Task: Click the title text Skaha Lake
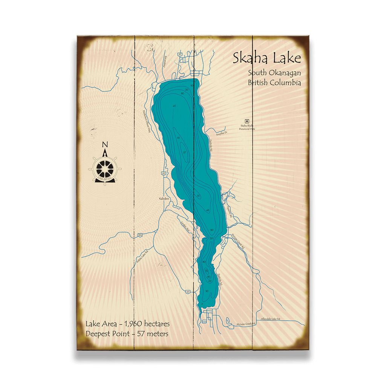[267, 58]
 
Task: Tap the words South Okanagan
[274, 73]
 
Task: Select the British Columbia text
[274, 83]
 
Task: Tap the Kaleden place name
[164, 198]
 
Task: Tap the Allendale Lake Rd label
[270, 319]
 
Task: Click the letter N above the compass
[105, 144]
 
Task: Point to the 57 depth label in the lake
[184, 152]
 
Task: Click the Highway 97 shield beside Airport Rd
[180, 55]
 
